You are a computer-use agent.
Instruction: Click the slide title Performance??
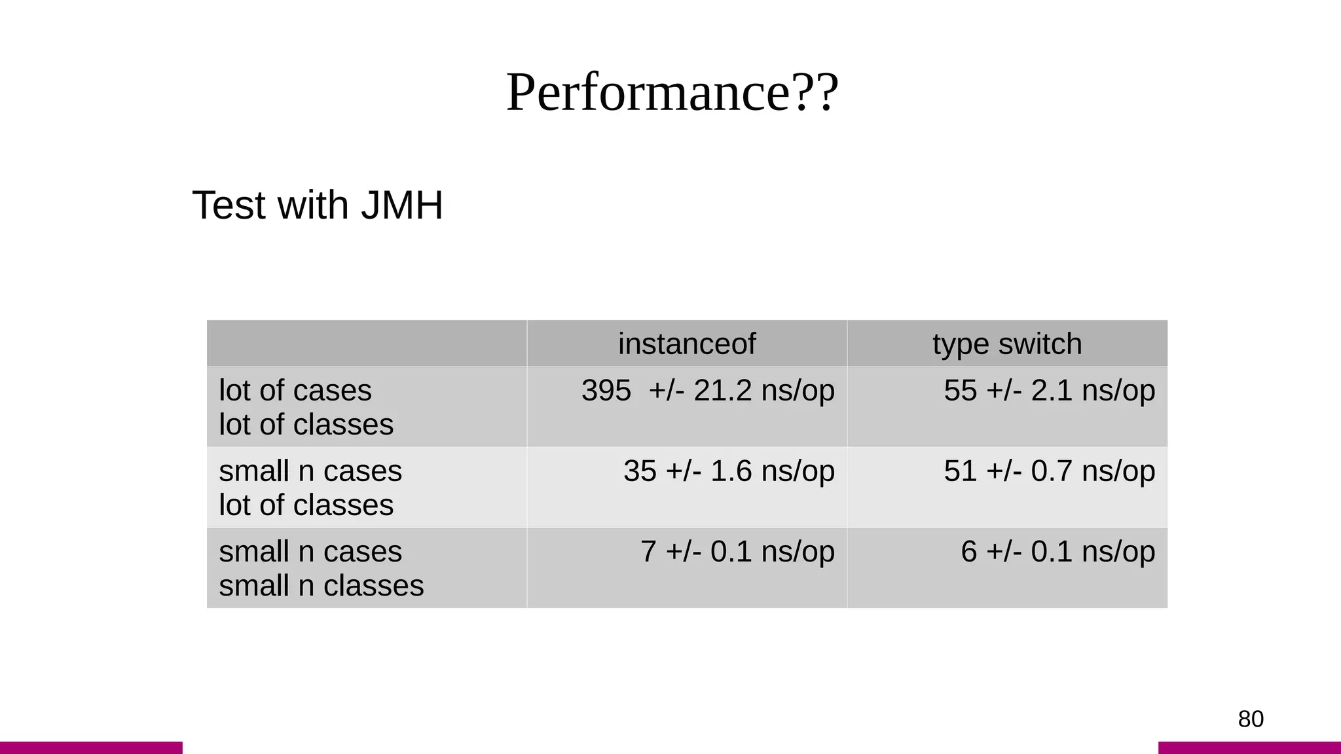672,92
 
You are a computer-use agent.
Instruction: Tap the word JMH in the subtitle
402,205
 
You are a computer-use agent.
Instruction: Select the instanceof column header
686,344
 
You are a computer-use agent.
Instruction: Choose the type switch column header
1006,344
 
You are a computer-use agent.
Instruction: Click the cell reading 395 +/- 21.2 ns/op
708,391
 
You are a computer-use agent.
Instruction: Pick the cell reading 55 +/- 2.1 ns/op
1049,391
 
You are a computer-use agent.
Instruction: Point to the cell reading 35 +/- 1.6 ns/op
729,471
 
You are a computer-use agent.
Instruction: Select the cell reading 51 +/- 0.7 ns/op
1049,471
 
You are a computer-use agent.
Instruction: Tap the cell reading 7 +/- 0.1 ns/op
737,552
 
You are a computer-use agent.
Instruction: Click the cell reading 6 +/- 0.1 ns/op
1057,552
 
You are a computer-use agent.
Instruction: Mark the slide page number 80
1250,719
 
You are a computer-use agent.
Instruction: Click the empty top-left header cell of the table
367,344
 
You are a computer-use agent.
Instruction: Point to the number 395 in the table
606,391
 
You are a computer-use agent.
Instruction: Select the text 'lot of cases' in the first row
295,391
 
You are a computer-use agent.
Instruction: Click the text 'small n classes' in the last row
321,586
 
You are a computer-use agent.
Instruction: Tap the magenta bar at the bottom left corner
91,747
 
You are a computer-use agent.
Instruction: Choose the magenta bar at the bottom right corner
1249,747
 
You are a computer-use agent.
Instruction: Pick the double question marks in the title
815,92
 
